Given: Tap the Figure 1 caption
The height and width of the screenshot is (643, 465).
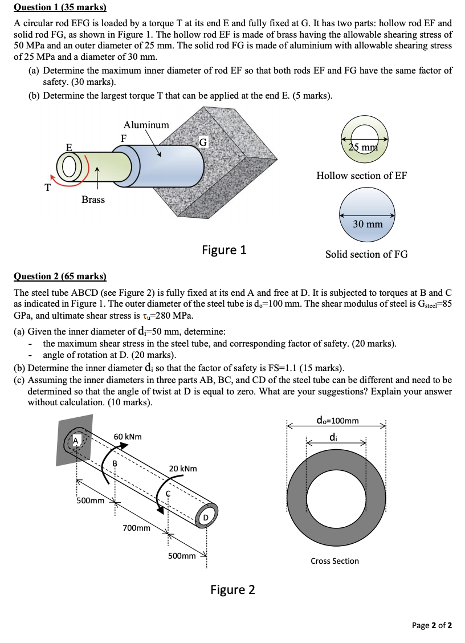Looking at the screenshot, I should [x=224, y=250].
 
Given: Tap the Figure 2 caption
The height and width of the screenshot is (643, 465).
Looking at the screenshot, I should [x=232, y=589].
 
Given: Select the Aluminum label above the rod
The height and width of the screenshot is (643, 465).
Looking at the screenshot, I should [x=146, y=125].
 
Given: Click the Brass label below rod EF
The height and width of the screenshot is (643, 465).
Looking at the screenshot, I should [x=93, y=200].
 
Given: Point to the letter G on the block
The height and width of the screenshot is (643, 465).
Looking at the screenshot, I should [x=203, y=141].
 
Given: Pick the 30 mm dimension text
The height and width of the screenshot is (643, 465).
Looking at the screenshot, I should [x=368, y=224].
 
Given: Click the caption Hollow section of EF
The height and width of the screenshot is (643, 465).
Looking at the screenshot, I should [x=362, y=176].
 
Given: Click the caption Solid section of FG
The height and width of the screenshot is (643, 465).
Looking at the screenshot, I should [x=366, y=254].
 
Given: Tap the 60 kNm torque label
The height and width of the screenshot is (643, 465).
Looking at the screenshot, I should [x=128, y=437].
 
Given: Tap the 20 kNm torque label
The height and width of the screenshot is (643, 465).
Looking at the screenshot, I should [x=183, y=469].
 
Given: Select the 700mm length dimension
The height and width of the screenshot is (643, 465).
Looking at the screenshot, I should [x=137, y=528].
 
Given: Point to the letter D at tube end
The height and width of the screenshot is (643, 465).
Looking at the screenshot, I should [x=206, y=518].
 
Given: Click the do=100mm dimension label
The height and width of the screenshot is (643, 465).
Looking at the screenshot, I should [x=337, y=421].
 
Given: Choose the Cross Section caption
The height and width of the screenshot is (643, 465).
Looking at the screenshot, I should [x=335, y=561].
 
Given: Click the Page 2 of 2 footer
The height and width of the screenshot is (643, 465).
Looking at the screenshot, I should [x=431, y=625].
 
